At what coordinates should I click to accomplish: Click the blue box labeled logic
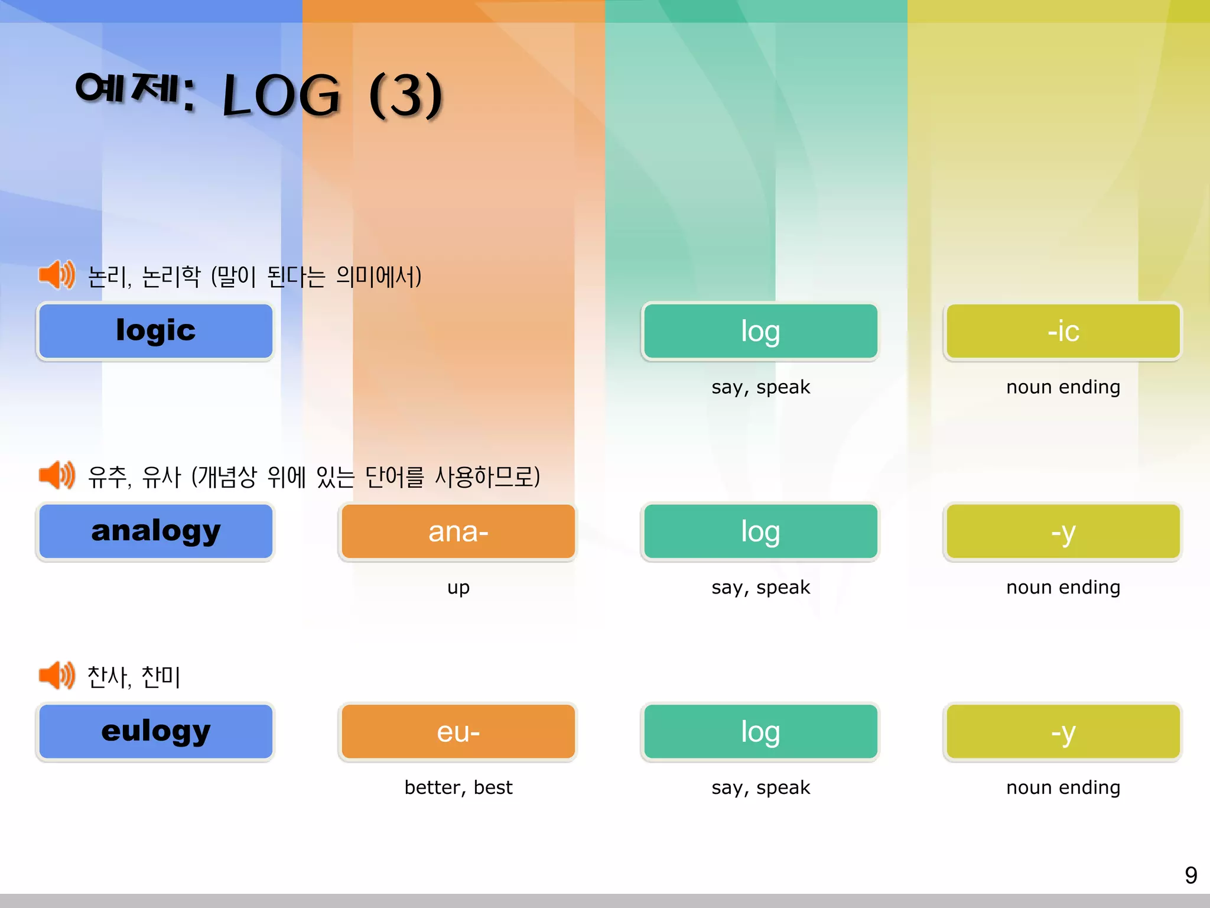tap(155, 331)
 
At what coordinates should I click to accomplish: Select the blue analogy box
tap(155, 531)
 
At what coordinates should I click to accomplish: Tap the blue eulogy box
tap(155, 732)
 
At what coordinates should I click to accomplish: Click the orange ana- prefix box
tap(458, 531)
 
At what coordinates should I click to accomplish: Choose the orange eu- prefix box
tap(458, 732)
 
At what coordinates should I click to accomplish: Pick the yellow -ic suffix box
tap(1063, 331)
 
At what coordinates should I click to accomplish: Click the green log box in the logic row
tap(760, 331)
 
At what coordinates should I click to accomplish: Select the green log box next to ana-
tap(760, 531)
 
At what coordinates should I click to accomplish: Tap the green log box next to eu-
tap(760, 732)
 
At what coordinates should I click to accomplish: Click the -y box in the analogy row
tap(1063, 531)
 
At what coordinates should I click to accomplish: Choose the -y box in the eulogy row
tap(1063, 732)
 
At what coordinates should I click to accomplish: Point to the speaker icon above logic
tap(57, 275)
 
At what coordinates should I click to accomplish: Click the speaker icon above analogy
tap(57, 475)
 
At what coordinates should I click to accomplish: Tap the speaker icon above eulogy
tap(57, 675)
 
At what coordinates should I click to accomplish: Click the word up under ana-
tap(458, 588)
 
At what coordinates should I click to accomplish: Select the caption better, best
tap(458, 787)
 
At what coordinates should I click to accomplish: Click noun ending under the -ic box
tap(1063, 387)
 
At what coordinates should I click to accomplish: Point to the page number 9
tap(1191, 875)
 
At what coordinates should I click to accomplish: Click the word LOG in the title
tap(281, 95)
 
